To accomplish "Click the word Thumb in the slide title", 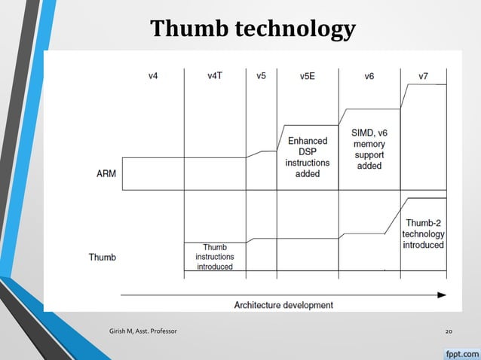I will tap(189, 29).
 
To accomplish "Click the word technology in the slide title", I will tap(295, 29).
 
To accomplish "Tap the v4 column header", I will tap(153, 76).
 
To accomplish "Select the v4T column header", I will tap(215, 76).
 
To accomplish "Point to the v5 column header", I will tap(261, 76).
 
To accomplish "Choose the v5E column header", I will tap(308, 76).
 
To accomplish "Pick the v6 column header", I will tap(369, 76).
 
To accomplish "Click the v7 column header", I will tap(424, 76).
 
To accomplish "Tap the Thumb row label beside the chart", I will tap(103, 257).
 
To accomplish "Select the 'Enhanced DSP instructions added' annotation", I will tap(308, 157).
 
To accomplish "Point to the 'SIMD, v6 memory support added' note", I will tap(369, 149).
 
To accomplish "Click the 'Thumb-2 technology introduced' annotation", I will tap(424, 233).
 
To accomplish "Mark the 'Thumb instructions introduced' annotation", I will tap(215, 256).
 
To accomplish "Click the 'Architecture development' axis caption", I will tap(283, 305).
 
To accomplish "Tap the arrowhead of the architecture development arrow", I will tap(442, 294).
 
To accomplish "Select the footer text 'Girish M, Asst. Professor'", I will tap(144, 331).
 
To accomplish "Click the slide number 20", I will tap(449, 331).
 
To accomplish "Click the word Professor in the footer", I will tap(162, 331).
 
